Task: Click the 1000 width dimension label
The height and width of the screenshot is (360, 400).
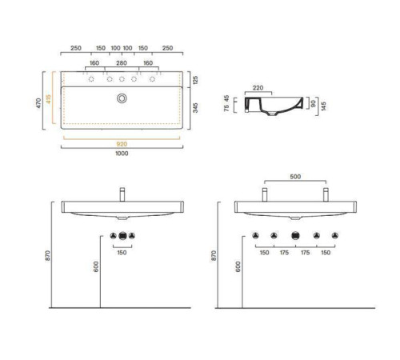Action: coord(122,154)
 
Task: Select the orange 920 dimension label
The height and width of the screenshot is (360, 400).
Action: coord(122,144)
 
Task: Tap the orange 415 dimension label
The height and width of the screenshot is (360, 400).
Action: coord(48,98)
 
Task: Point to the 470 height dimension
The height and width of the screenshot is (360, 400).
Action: coord(38,103)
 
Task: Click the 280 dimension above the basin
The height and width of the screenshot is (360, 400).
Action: coord(122,63)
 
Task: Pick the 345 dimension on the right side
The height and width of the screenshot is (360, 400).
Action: coord(195,108)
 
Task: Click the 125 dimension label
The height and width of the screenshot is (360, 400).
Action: coord(195,80)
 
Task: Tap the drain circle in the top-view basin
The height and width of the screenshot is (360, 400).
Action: coord(122,98)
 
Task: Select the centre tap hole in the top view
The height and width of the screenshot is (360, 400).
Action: coord(122,79)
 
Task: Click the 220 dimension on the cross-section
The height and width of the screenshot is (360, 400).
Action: coord(258,88)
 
